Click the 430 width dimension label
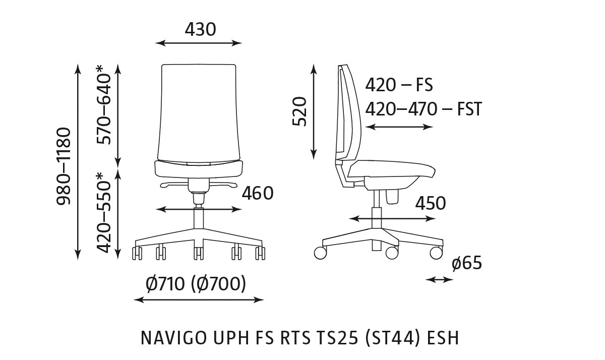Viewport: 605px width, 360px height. [200, 30]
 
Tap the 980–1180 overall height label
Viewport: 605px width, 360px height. [64, 167]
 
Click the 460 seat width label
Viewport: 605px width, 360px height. [257, 193]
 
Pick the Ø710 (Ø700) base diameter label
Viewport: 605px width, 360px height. [196, 284]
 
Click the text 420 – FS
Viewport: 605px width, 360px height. [399, 85]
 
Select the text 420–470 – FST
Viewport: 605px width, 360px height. [423, 108]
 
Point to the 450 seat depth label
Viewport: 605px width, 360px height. [431, 203]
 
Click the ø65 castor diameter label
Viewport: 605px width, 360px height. [466, 263]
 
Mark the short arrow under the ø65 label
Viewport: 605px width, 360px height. [440, 279]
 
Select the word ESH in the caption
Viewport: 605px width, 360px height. [443, 338]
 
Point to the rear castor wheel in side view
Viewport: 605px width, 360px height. [320, 253]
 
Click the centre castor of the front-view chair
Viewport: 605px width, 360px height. [198, 253]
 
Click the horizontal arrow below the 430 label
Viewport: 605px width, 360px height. [199, 43]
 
